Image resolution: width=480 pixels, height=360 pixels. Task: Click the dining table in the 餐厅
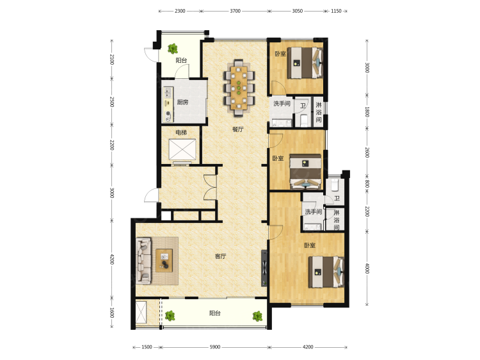pos(239,88)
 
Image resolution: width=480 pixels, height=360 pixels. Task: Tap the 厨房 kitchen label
pos(182,102)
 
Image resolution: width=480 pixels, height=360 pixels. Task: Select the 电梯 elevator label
pos(181,133)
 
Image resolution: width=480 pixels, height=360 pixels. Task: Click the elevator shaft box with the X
pos(182,149)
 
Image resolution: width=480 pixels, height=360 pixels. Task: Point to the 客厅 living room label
pos(220,256)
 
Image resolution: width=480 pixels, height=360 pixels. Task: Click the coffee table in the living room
pos(164,261)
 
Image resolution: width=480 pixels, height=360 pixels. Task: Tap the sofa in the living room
pos(143,260)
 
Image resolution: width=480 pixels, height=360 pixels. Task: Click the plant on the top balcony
pos(173,49)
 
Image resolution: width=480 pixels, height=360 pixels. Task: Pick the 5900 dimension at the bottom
pos(215,347)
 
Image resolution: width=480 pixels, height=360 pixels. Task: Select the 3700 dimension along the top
pos(235,11)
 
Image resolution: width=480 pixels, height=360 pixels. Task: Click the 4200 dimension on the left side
pos(112,259)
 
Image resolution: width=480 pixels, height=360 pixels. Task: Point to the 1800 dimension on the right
pos(367,112)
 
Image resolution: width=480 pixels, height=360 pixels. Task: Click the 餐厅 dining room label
pos(238,129)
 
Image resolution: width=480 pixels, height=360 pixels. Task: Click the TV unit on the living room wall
pos(264,268)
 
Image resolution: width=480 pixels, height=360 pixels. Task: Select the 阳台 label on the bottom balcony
pos(215,313)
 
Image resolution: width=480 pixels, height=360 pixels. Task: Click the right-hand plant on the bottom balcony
pos(257,316)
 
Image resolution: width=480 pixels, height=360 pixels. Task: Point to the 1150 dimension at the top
pos(336,11)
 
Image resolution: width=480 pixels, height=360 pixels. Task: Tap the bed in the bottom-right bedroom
pos(326,272)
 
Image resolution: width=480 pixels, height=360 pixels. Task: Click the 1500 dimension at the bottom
pos(147,347)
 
